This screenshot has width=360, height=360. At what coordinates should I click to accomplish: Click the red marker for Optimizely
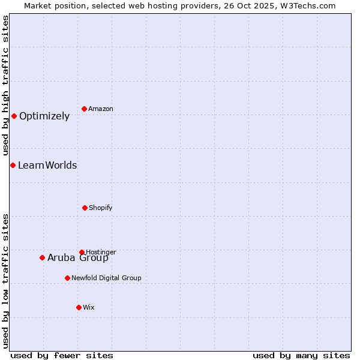tap(14, 116)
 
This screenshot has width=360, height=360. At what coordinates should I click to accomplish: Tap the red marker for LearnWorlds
tap(13, 165)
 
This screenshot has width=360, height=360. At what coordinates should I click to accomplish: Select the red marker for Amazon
tap(84, 109)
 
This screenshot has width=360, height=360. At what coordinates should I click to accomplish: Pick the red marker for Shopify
tap(85, 208)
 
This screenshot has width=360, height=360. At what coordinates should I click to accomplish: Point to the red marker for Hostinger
tap(82, 252)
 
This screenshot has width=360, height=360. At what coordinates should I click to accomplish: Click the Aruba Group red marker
tap(42, 257)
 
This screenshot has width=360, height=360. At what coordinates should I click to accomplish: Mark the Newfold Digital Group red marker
tap(67, 278)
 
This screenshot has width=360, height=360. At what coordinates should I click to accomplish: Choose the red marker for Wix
tap(79, 307)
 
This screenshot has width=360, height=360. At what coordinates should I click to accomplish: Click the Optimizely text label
tap(44, 116)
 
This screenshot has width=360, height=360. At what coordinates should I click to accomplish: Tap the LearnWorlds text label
tap(47, 166)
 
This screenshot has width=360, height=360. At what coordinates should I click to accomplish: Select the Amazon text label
tap(101, 109)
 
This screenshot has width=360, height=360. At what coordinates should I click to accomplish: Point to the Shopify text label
tap(101, 208)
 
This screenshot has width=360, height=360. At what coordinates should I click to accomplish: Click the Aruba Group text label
tap(78, 258)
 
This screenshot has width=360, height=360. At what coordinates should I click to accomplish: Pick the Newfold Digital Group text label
tap(106, 278)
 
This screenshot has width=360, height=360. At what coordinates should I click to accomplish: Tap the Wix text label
tap(89, 308)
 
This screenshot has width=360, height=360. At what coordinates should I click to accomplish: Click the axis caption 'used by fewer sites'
tap(62, 355)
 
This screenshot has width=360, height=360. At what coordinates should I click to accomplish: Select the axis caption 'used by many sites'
tap(301, 355)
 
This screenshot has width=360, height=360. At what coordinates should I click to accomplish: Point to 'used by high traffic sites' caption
tap(6, 86)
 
